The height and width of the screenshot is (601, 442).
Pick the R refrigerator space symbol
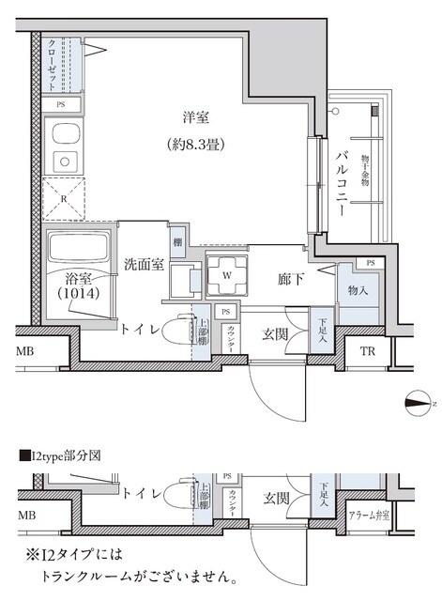tap(62, 199)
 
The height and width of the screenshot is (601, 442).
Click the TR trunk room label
tap(368, 352)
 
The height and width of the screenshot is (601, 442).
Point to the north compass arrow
tap(419, 404)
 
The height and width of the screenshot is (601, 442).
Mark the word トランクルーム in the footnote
tap(94, 575)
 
